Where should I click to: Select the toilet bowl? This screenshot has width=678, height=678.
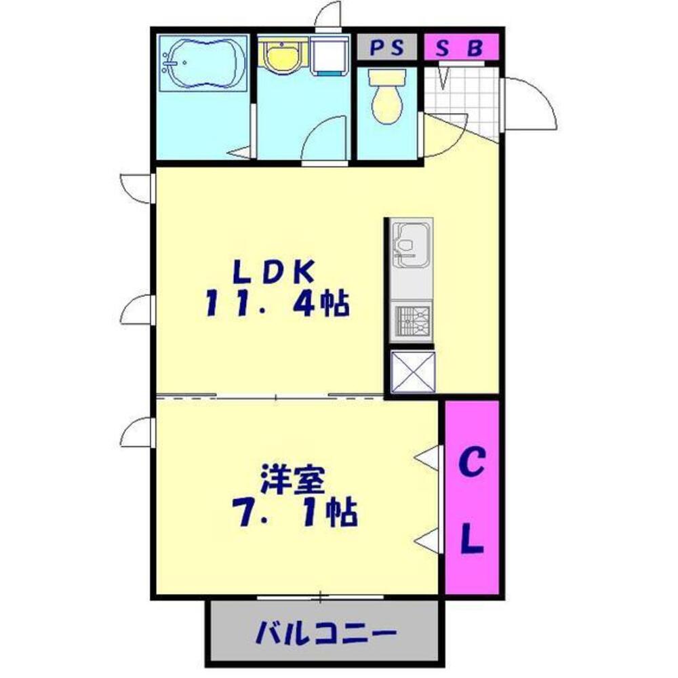click(x=386, y=100)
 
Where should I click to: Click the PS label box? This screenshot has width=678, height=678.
click(x=386, y=47)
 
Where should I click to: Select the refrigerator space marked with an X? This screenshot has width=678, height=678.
click(x=412, y=371)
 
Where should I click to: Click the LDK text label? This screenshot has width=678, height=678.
click(x=273, y=272)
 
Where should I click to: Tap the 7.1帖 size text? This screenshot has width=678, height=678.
click(x=296, y=513)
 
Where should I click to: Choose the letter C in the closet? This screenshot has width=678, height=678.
click(x=472, y=464)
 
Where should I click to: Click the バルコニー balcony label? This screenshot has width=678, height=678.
click(x=325, y=635)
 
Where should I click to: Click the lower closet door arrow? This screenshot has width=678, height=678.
click(x=428, y=540)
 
